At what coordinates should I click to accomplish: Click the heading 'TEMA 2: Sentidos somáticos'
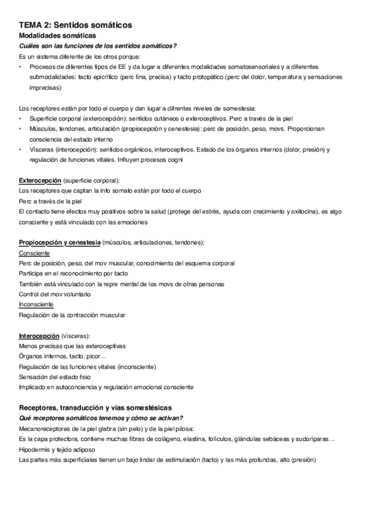(x=75, y=24)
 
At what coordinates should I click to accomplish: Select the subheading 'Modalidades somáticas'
(x=57, y=36)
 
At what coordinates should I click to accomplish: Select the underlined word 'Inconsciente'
(x=38, y=304)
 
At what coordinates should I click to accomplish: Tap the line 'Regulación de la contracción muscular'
(x=72, y=315)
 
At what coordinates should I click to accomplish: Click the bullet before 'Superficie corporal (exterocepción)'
(x=21, y=118)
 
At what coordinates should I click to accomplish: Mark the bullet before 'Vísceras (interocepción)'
(x=21, y=149)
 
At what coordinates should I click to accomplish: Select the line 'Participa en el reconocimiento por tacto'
(x=73, y=274)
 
